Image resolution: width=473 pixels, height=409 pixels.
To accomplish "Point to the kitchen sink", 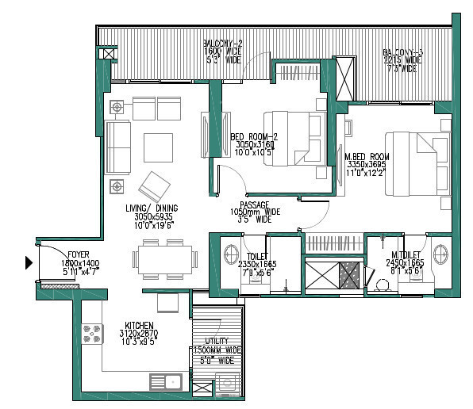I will pyautogui.click(x=164, y=382).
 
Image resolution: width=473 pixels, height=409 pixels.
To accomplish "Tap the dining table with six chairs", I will pyautogui.click(x=165, y=258).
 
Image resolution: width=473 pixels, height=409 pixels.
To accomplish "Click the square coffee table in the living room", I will pyautogui.click(x=159, y=145).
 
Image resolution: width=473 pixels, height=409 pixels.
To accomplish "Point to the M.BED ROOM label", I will pyautogui.click(x=367, y=157).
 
